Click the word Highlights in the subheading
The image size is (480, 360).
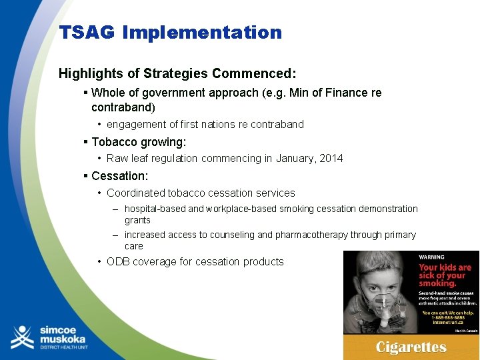coord(87,72)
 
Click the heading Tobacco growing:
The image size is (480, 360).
coord(139,142)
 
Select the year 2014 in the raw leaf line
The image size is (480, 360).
coord(331,158)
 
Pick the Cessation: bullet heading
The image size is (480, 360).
coord(119,176)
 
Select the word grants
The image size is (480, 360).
coord(137,220)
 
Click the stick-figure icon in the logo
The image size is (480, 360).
coord(23,337)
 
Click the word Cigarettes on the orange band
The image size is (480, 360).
coord(411,347)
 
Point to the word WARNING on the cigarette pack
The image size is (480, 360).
coord(431,257)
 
